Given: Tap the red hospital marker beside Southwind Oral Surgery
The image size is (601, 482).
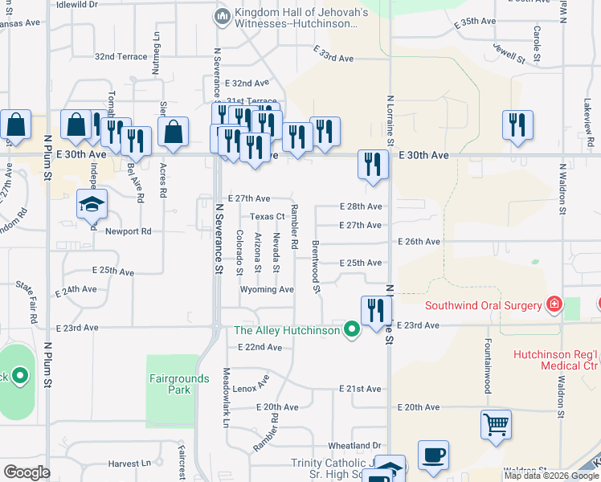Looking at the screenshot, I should (553, 304).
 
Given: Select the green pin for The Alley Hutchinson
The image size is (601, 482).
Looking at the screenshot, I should (350, 329).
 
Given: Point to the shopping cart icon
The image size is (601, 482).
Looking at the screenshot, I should (496, 425).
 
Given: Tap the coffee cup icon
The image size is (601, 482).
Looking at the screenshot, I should (433, 455).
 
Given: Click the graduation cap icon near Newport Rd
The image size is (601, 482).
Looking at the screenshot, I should (92, 203).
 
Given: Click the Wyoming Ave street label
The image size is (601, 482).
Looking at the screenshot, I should (267, 289).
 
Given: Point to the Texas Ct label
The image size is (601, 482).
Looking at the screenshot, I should (268, 216).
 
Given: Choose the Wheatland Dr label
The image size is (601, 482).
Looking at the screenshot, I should (354, 445).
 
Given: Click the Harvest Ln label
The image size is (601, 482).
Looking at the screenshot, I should (129, 464).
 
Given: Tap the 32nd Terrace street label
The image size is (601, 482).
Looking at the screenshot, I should (121, 57).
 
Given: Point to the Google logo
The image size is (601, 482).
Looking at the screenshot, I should (27, 472).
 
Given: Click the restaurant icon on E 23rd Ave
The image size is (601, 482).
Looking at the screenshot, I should (375, 310).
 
